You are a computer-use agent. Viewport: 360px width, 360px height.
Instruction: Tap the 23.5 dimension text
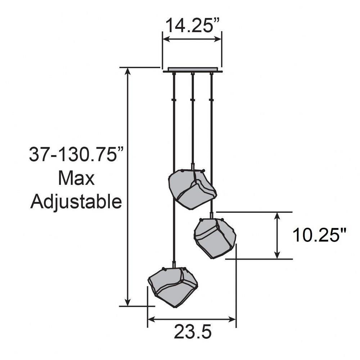[192, 332]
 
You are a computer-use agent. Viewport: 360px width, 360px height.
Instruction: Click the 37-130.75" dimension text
[76, 154]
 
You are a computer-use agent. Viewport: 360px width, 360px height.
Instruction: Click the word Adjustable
[76, 202]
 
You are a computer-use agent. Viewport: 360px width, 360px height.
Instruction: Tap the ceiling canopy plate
[193, 70]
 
